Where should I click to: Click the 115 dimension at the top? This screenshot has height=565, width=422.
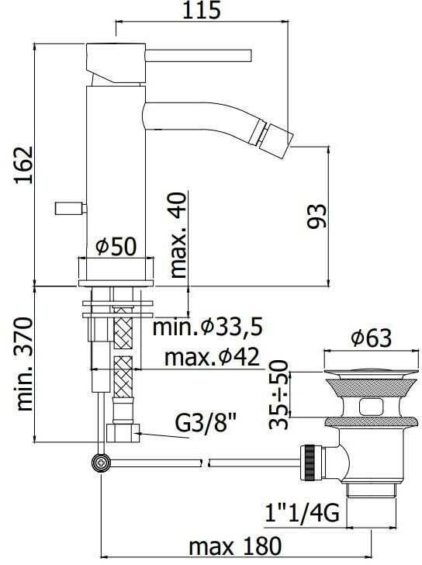coord(201,10)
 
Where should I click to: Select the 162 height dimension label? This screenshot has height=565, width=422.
coord(24,165)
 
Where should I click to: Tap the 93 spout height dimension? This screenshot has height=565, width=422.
coord(316,216)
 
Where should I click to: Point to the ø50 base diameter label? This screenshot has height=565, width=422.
coord(116,247)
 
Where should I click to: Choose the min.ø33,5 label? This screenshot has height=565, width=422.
coord(208,328)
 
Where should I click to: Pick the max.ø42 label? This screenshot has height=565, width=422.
coord(212,357)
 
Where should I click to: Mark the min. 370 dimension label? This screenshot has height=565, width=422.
coord(25,364)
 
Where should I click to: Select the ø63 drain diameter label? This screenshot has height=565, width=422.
coord(372,338)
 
